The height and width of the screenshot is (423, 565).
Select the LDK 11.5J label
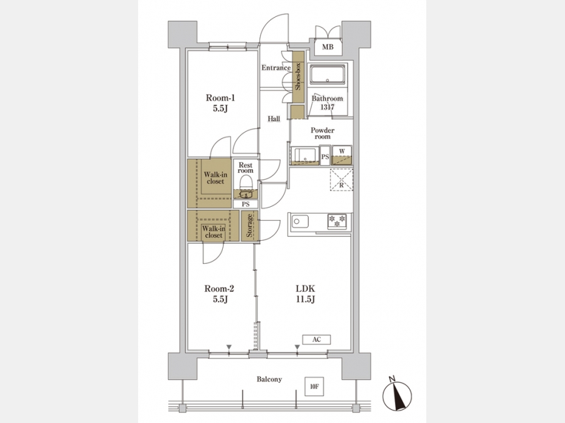pyautogui.click(x=305, y=294)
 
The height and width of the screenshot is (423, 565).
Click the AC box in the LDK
pyautogui.click(x=316, y=340)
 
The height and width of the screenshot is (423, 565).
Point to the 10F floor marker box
pyautogui.click(x=315, y=387)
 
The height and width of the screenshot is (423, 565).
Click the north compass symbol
pyautogui.click(x=397, y=395)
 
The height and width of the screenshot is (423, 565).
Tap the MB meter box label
pyautogui.click(x=328, y=47)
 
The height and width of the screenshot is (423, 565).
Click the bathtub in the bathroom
pyautogui.click(x=328, y=75)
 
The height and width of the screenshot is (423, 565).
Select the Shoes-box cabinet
pyautogui.click(x=298, y=76)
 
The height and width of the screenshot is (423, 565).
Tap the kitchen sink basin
pyautogui.click(x=300, y=221)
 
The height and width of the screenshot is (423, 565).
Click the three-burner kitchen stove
pyautogui.click(x=337, y=221)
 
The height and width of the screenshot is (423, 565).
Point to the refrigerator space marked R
pyautogui.click(x=342, y=179)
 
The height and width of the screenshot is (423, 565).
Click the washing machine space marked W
pyautogui.click(x=342, y=155)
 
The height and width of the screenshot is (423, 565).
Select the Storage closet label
pyautogui.click(x=249, y=226)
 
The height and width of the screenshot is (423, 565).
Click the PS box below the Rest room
pyautogui.click(x=245, y=204)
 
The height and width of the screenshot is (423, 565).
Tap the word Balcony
pyautogui.click(x=269, y=379)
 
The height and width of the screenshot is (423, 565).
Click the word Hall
pyautogui.click(x=274, y=118)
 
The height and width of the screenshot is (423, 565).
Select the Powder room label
pyautogui.click(x=323, y=133)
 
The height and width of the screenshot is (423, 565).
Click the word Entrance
pyautogui.click(x=276, y=68)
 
